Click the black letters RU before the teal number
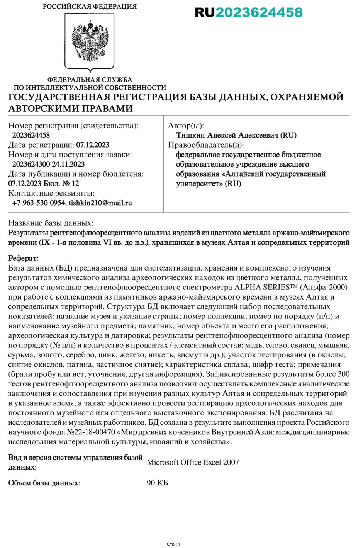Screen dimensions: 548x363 click(204, 12)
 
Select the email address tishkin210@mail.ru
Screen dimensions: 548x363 click(100, 203)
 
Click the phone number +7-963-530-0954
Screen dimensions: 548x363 click(39, 203)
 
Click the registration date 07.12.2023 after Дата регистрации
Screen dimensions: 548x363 click(93, 145)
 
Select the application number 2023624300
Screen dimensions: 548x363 click(31, 164)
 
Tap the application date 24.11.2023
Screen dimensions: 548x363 click(68, 164)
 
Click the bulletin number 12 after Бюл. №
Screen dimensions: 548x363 click(75, 184)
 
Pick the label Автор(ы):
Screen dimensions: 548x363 click(186, 126)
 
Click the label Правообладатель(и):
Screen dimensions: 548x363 click(206, 145)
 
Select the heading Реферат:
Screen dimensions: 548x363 click(23, 258)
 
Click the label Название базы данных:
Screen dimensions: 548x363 click(51, 223)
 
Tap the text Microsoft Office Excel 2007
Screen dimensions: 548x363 click(193, 462)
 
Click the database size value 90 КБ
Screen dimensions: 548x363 click(157, 483)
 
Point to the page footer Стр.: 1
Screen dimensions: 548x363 click(173, 544)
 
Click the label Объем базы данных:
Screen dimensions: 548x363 click(44, 483)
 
